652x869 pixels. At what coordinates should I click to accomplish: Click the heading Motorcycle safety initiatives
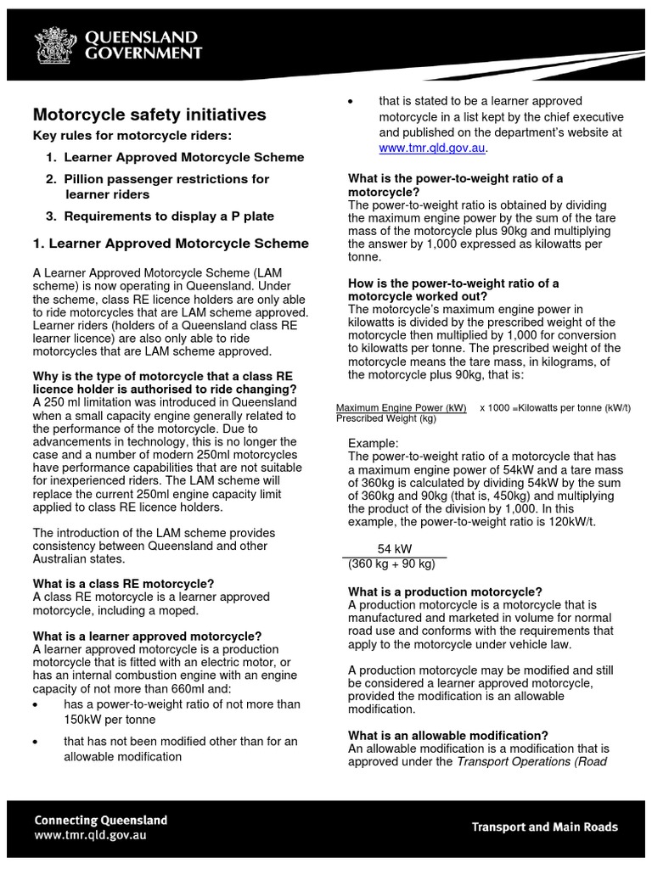(x=149, y=115)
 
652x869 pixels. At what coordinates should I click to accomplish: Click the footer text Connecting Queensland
(x=100, y=821)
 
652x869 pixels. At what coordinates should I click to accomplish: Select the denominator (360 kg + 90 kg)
(x=391, y=563)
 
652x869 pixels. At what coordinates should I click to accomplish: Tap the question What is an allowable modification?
(x=448, y=735)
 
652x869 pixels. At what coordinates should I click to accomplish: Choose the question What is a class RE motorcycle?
(x=123, y=584)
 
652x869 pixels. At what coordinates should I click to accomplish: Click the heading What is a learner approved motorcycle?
(x=147, y=636)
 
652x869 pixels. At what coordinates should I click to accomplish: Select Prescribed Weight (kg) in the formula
(x=386, y=418)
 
